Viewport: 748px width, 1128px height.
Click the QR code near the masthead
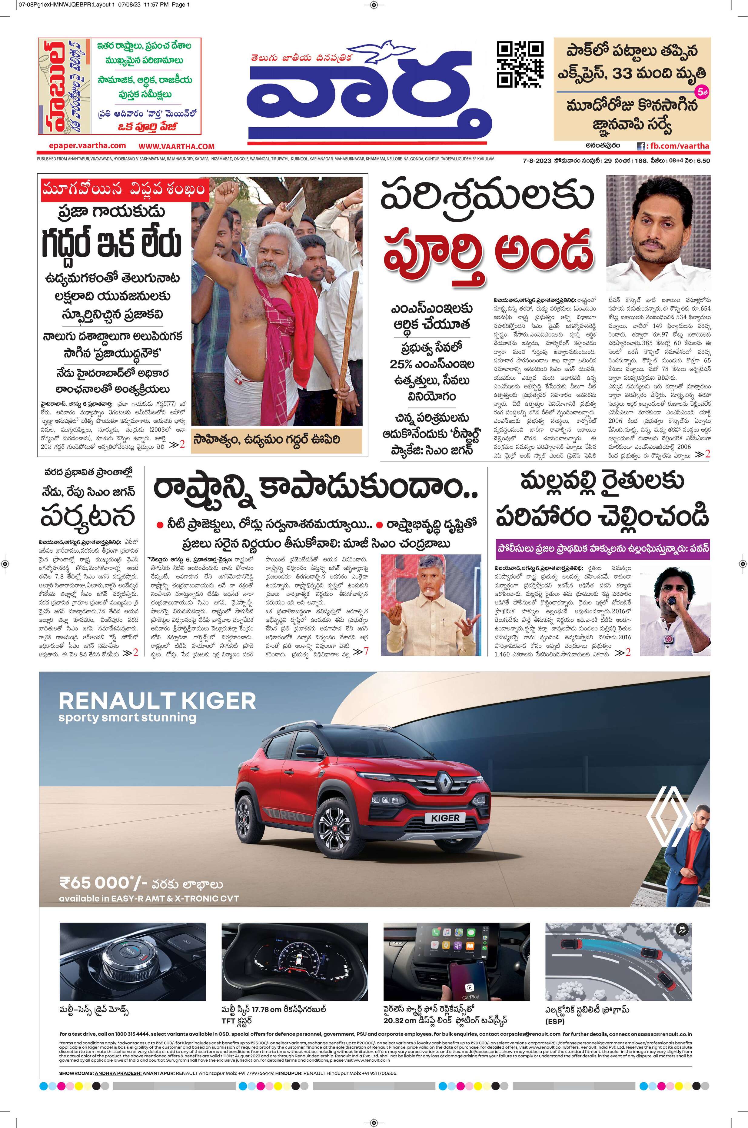(x=520, y=65)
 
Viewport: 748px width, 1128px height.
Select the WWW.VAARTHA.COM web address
(x=177, y=146)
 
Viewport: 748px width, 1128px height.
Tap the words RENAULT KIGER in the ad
(x=158, y=701)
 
